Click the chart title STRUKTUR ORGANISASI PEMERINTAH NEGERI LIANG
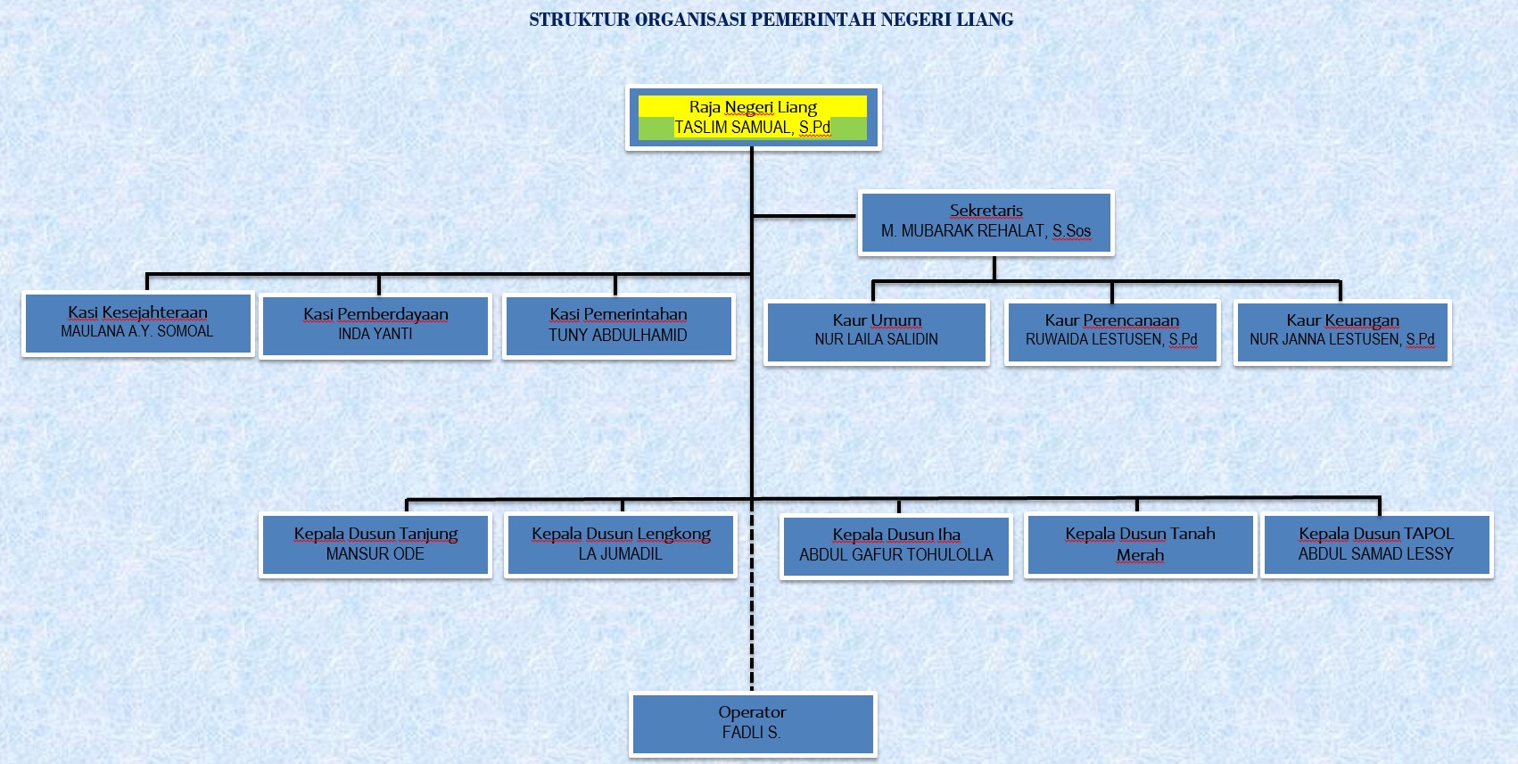(x=771, y=20)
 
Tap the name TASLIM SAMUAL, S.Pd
(x=752, y=128)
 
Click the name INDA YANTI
(x=375, y=334)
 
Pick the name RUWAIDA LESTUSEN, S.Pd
(x=1111, y=340)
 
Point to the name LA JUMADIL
(x=620, y=554)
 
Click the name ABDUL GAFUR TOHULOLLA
(x=895, y=555)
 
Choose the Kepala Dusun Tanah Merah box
(x=1140, y=544)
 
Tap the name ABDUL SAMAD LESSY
(x=1375, y=554)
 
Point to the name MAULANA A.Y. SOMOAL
(x=137, y=332)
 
